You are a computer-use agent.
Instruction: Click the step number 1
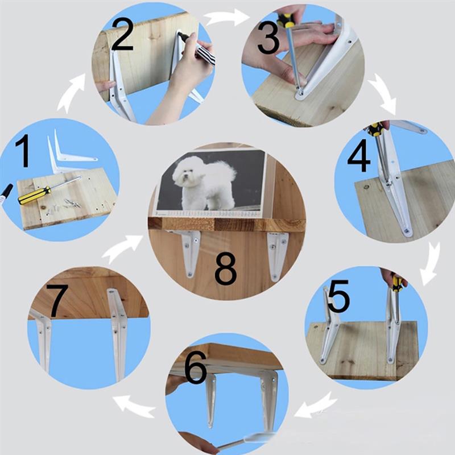click(x=22, y=151)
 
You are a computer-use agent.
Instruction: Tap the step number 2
click(x=122, y=35)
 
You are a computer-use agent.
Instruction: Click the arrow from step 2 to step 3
click(x=226, y=18)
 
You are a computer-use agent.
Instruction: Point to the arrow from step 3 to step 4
click(x=383, y=93)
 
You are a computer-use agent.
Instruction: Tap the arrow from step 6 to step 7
click(x=134, y=405)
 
